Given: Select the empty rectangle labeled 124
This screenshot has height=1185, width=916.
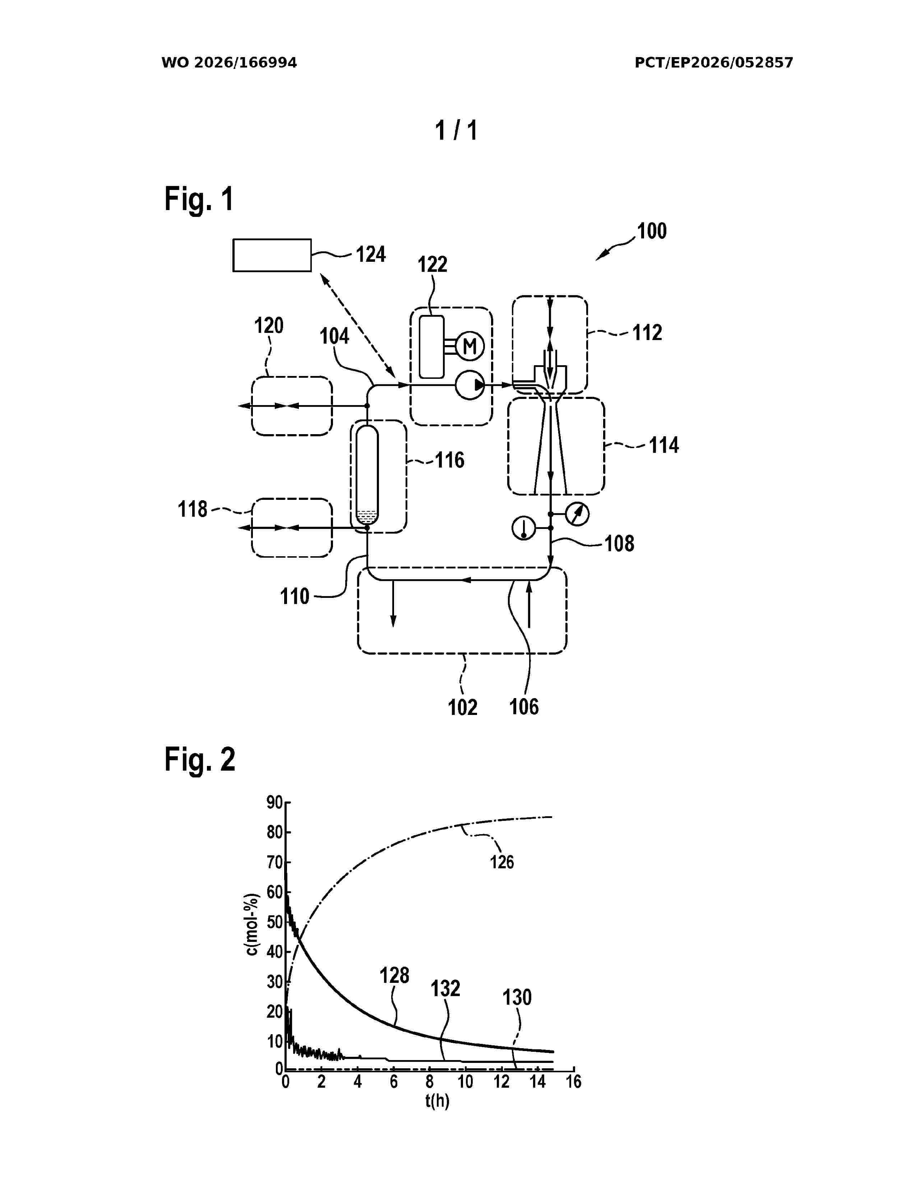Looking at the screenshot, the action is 272,255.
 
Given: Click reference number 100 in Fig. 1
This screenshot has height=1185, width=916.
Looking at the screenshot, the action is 651,231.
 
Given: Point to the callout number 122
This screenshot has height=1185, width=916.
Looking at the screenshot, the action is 432,264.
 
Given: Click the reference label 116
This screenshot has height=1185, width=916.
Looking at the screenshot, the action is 450,460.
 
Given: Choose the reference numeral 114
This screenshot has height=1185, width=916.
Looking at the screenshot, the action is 664,446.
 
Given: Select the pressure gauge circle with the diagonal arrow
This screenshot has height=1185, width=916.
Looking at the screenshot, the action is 577,514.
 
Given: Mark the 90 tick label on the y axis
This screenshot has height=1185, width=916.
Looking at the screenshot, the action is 274,803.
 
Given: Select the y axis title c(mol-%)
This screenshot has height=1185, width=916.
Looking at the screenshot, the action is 252,931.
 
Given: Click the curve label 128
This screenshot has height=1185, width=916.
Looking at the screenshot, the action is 394,976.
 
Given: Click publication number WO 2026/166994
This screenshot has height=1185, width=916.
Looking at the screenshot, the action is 229,63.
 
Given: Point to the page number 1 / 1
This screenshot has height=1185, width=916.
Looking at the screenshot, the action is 457,130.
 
